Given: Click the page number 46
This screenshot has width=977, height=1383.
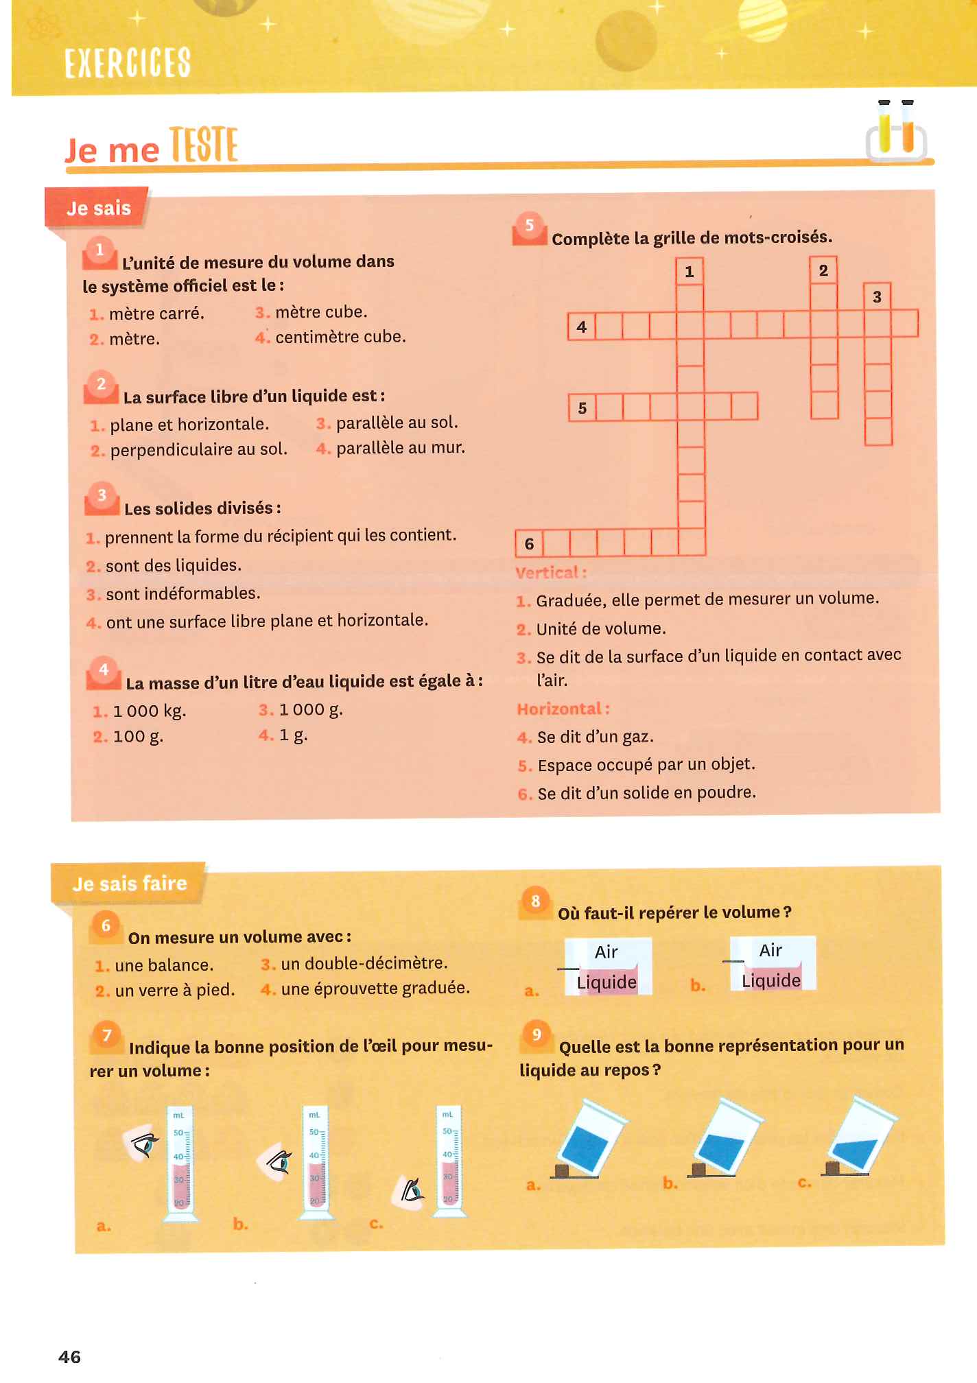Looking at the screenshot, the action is pos(69,1356).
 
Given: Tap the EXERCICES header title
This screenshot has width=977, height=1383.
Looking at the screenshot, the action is pos(128,62).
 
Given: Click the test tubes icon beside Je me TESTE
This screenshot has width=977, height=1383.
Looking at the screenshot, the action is pos(895,130).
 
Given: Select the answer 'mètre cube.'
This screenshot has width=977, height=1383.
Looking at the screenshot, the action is pos(321,312).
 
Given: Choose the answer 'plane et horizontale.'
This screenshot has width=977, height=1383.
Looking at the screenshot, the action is pos(189,425).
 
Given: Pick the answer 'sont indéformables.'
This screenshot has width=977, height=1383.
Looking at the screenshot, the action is pos(183,593).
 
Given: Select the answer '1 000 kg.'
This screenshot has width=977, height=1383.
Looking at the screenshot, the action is pos(150,711).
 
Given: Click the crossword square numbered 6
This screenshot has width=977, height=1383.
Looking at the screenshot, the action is pos(529,543).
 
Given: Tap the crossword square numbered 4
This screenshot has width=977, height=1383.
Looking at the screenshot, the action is pos(582,327).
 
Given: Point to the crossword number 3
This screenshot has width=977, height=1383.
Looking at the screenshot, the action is pos(877,297).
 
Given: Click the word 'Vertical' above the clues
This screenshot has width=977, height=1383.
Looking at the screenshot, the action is pos(548,572).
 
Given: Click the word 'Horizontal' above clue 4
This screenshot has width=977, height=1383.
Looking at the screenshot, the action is pos(559,709).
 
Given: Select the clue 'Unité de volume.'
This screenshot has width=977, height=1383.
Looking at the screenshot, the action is pos(601,629).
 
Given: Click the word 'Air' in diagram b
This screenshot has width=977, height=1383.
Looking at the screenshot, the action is pos(770,950).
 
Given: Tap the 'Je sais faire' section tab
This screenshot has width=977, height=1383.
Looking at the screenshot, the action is pos(129,884).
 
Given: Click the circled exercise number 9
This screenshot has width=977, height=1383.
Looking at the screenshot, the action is pos(537,1035).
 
